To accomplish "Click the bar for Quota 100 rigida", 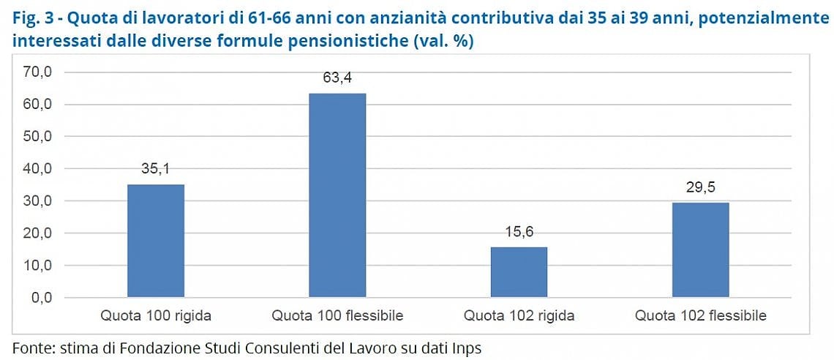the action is tap(156, 241).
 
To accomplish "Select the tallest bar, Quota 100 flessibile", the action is tap(337, 195).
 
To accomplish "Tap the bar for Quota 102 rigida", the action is tap(519, 272).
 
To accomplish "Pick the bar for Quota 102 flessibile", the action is tap(701, 250).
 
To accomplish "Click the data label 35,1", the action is tap(156, 170).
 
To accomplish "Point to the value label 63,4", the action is tap(337, 79).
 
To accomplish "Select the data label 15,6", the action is tap(519, 233).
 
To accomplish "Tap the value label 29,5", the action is tap(701, 188).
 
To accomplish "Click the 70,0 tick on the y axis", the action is tap(36, 72).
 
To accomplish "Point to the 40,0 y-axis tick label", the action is tap(36, 169).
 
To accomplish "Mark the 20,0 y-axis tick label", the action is tap(36, 233).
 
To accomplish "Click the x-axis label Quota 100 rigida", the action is tap(156, 316).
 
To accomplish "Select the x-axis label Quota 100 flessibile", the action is tap(337, 316).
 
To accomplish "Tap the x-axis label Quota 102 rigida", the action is tap(519, 316).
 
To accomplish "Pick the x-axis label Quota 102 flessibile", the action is tap(701, 316).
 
